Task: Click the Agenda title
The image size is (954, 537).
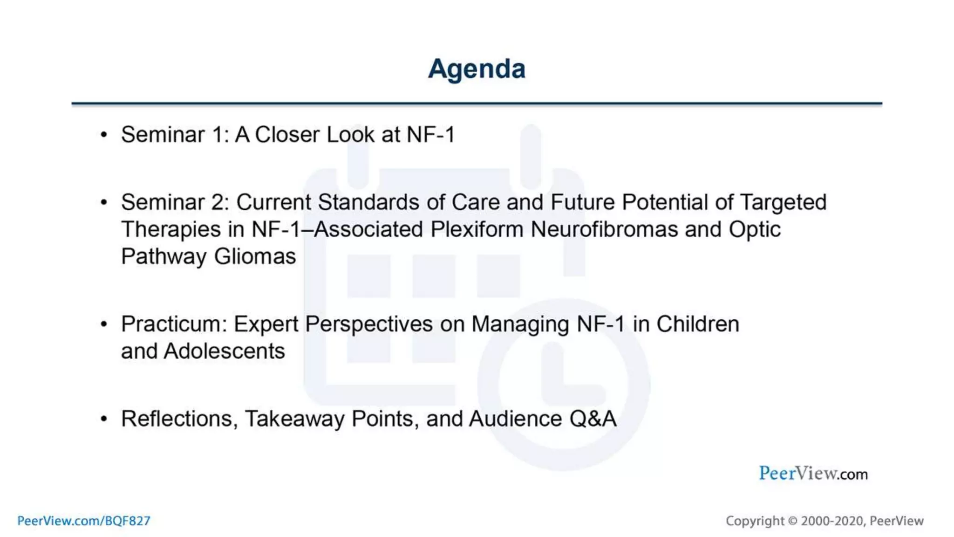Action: [477, 69]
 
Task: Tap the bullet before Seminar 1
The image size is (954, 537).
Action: [104, 135]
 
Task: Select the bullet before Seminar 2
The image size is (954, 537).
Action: [104, 203]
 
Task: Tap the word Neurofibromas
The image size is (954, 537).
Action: [604, 229]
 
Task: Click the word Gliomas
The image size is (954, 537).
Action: [255, 256]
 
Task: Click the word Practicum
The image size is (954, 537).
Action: [174, 324]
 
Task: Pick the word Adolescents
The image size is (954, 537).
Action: [224, 351]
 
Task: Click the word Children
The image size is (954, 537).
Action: [697, 324]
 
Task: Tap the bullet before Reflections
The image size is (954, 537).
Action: [104, 419]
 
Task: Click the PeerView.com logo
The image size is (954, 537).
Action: [813, 474]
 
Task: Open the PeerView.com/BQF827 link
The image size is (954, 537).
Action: [84, 521]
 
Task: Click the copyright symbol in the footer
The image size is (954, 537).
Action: [792, 521]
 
